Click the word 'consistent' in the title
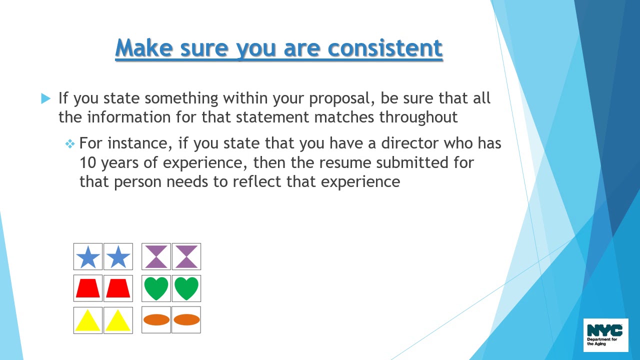click(385, 48)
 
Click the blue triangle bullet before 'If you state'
click(46, 98)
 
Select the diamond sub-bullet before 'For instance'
click(70, 144)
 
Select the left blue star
click(88, 257)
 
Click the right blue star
click(118, 257)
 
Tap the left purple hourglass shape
click(156, 257)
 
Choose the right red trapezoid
click(118, 288)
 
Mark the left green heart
click(156, 288)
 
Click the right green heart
click(186, 288)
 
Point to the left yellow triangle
click(88, 320)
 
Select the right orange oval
click(186, 320)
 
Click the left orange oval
click(156, 320)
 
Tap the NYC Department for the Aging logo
click(605, 335)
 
